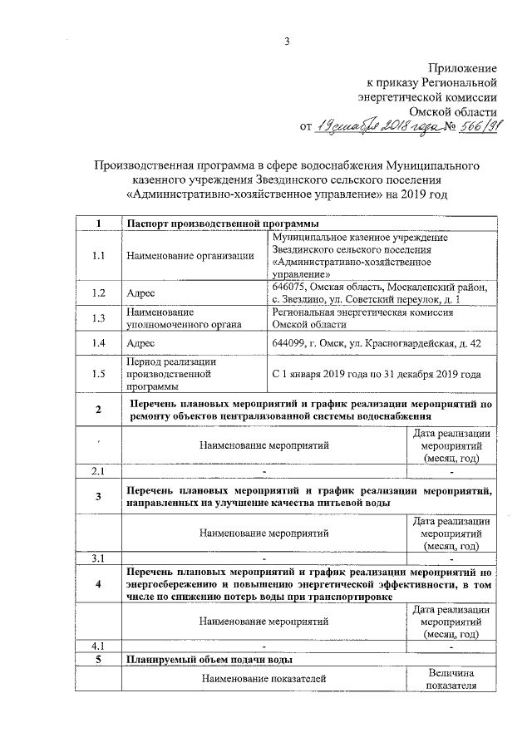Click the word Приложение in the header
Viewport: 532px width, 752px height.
[462, 67]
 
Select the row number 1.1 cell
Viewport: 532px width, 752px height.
[98, 255]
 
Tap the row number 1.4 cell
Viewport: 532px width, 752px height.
[98, 342]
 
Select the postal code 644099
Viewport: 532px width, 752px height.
[289, 342]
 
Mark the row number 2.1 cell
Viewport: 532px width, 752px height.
[98, 472]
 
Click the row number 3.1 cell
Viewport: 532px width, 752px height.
[98, 558]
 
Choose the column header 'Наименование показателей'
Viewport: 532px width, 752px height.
[264, 680]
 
